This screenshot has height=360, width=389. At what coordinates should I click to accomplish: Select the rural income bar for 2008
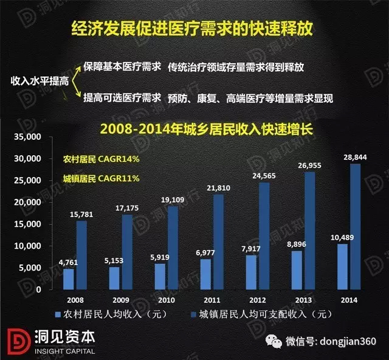pos(68,279)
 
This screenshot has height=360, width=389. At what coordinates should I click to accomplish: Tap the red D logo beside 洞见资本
pos(18,341)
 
